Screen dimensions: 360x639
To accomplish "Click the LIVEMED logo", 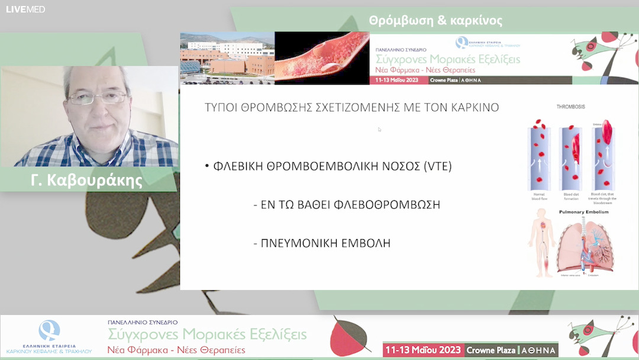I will (x=25, y=9).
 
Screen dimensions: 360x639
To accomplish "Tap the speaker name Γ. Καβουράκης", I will (x=86, y=180).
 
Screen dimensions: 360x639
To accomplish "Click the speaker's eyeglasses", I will (x=96, y=98).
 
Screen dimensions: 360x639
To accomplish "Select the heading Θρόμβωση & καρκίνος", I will (x=435, y=21).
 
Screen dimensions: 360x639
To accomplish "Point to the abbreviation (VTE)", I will (x=437, y=166).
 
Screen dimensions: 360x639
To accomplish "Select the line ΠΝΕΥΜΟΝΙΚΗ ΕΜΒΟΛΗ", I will (x=325, y=243).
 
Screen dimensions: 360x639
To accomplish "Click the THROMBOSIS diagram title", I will (x=571, y=107).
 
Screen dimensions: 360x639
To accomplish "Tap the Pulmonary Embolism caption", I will (x=583, y=212).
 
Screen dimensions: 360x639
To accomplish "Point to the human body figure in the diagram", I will (x=541, y=246).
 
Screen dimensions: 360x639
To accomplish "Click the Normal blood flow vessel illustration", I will (x=538, y=157).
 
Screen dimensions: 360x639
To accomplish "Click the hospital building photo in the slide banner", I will (x=227, y=58).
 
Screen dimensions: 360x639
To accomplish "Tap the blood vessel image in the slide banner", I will (x=322, y=58).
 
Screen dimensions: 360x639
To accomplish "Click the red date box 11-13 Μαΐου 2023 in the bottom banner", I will (x=424, y=350).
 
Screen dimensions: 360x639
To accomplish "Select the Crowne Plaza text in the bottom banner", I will (x=489, y=351).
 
